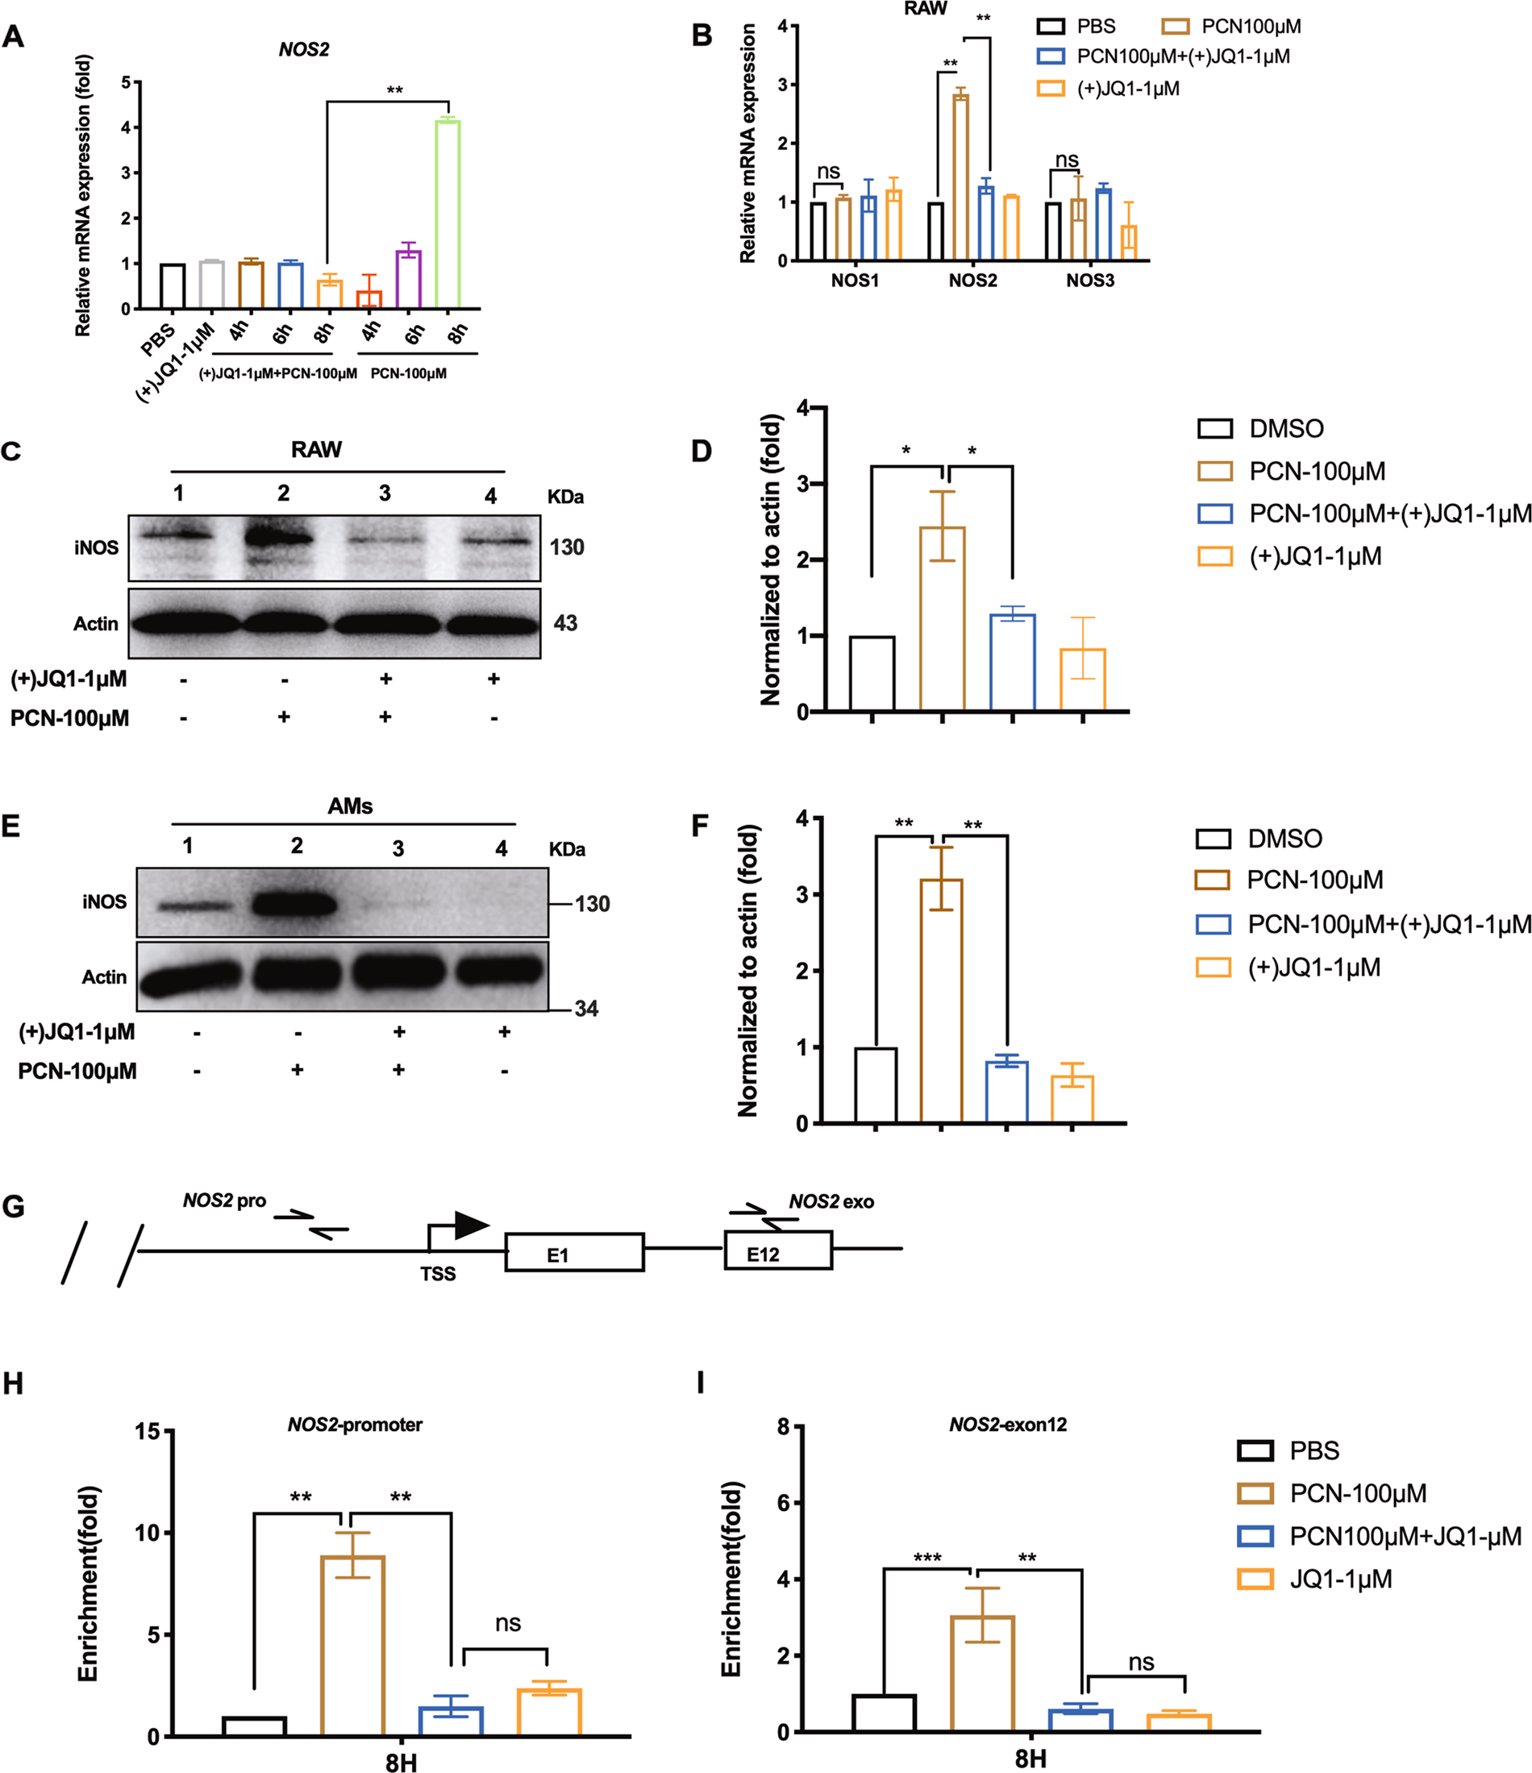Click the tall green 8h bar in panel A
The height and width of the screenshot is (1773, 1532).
click(x=448, y=214)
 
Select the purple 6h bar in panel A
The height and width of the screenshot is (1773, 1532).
click(x=408, y=279)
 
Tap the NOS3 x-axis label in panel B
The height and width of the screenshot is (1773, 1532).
click(x=1089, y=281)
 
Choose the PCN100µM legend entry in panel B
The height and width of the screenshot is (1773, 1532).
click(x=1232, y=27)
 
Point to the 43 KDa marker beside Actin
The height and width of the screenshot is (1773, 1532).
click(x=565, y=623)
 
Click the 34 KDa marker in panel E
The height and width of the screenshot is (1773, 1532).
click(x=586, y=1008)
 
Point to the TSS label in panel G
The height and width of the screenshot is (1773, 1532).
click(x=437, y=1274)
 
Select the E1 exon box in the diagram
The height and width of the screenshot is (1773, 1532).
click(x=573, y=1252)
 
